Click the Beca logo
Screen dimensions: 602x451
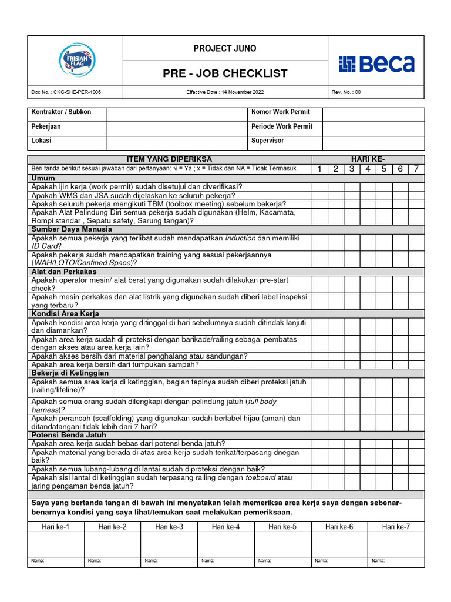point(376,64)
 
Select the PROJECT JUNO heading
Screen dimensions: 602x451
point(225,49)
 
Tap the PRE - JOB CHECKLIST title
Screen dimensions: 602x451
point(225,73)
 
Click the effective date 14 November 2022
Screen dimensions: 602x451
point(225,92)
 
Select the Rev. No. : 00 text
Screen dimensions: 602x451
point(346,92)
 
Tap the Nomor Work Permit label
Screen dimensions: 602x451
point(281,112)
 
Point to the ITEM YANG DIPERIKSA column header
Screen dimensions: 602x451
point(170,159)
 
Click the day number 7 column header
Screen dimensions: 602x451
point(416,169)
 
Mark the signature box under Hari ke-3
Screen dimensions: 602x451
point(169,544)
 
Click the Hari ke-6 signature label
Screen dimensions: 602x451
point(339,527)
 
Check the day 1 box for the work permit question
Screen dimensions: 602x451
point(320,187)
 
